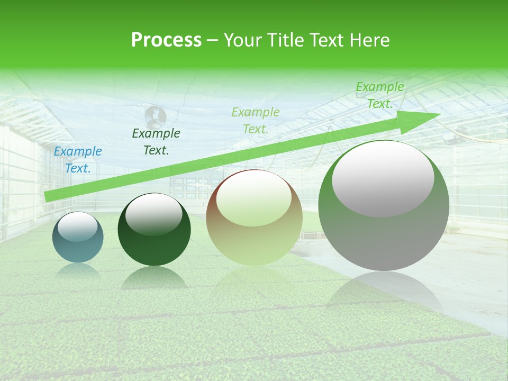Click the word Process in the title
pyautogui.click(x=166, y=40)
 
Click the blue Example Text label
pyautogui.click(x=78, y=160)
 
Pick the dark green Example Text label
pyautogui.click(x=156, y=142)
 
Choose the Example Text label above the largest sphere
pyautogui.click(x=380, y=95)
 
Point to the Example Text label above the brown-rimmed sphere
pyautogui.click(x=256, y=121)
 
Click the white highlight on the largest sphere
pyautogui.click(x=383, y=177)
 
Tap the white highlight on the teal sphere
pyautogui.click(x=78, y=226)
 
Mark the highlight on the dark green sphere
pyautogui.click(x=154, y=213)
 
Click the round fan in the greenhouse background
pyautogui.click(x=156, y=115)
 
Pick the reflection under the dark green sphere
pyautogui.click(x=154, y=278)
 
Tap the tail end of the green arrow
pyautogui.click(x=47, y=197)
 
